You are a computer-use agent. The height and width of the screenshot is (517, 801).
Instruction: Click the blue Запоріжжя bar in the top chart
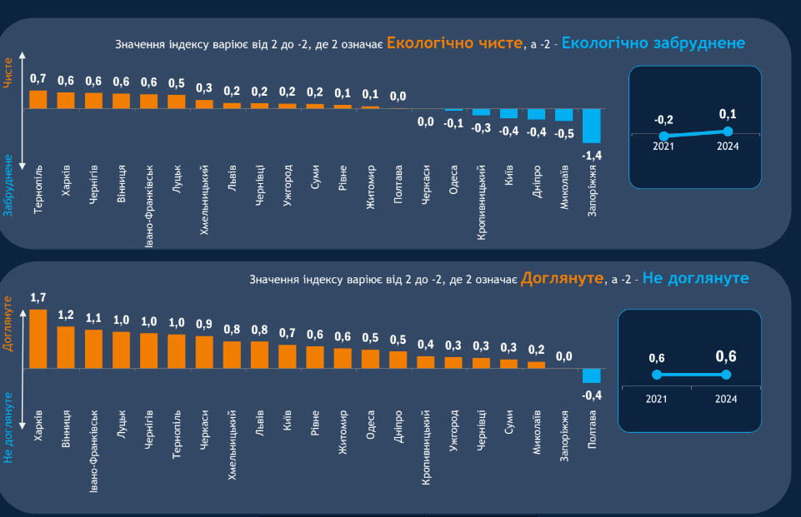click(x=592, y=126)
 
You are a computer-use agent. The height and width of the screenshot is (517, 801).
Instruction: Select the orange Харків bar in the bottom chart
click(x=38, y=339)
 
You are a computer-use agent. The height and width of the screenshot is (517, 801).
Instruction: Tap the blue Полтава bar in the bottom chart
click(x=592, y=375)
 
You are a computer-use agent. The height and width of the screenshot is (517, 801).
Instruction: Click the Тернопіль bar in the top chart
click(x=38, y=99)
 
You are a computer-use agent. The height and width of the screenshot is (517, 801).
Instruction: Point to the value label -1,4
click(x=592, y=155)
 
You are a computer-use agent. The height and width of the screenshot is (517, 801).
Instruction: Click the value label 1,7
click(x=38, y=297)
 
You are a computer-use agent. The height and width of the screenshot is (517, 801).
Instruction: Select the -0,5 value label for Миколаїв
click(x=564, y=133)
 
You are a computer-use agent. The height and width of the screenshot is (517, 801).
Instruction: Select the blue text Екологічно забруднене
click(x=653, y=42)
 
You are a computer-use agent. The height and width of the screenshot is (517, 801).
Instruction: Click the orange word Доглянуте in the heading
click(x=562, y=277)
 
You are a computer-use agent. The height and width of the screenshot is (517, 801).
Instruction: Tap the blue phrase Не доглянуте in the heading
click(x=695, y=277)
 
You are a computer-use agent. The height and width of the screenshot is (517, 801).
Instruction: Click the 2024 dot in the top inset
click(x=728, y=131)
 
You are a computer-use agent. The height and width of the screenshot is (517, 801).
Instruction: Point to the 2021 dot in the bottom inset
click(x=657, y=375)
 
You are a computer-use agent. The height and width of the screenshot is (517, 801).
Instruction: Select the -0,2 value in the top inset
click(x=663, y=120)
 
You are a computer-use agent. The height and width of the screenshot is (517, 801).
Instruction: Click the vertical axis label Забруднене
click(x=9, y=185)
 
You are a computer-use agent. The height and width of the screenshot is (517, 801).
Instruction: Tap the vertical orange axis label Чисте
click(x=9, y=73)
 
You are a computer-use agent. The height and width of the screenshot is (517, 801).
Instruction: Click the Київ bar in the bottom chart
click(x=288, y=356)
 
